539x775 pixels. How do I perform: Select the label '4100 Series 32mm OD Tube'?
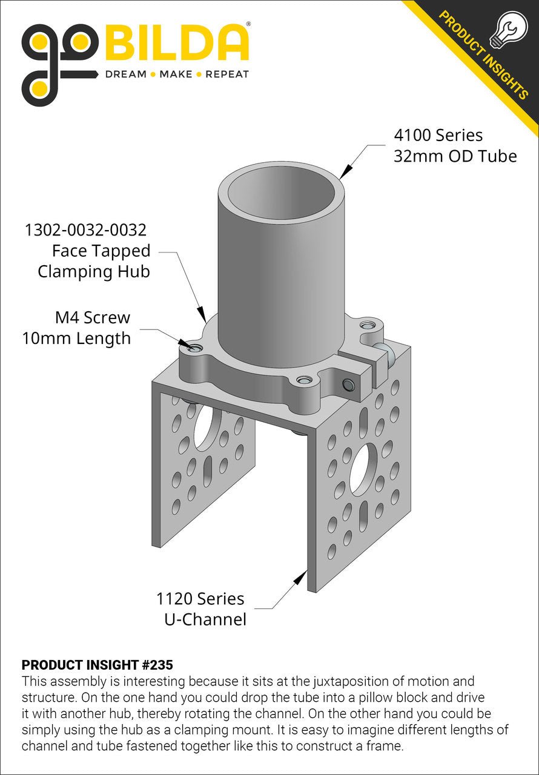pos(455,145)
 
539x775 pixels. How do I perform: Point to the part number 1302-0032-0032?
pos(85,230)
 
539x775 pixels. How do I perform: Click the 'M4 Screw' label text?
pos(91,317)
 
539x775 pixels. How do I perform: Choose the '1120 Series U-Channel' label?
pos(200,609)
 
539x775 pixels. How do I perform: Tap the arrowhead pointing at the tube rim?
pos(346,172)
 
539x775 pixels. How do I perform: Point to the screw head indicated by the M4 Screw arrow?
pos(194,348)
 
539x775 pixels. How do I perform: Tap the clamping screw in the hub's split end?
pos(348,385)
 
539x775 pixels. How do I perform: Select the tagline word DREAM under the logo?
pos(126,74)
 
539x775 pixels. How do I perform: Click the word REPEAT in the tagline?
pos(227,74)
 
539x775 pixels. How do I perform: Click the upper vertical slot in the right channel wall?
pos(363,420)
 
